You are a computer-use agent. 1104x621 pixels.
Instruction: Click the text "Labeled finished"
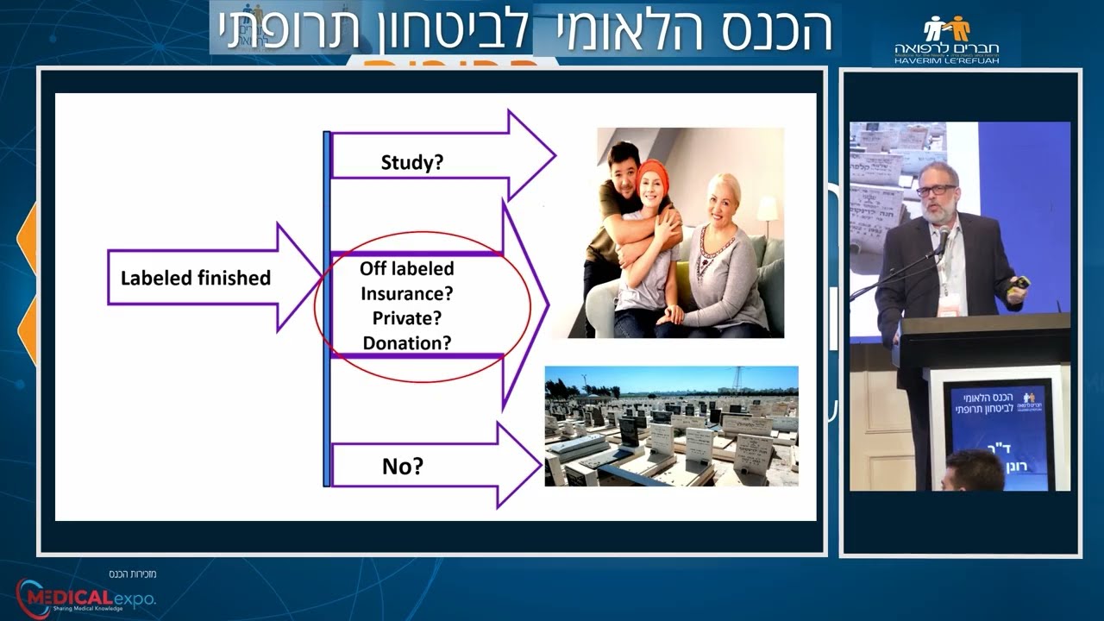click(195, 278)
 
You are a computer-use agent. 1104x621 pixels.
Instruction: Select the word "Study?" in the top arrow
click(411, 161)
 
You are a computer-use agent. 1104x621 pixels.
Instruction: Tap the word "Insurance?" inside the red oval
click(407, 293)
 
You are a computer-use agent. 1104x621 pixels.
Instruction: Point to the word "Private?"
click(407, 317)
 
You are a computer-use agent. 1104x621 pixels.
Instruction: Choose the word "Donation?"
click(407, 342)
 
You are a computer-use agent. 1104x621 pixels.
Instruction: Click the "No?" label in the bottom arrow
click(402, 467)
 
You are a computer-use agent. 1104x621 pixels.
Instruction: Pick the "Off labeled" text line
click(407, 268)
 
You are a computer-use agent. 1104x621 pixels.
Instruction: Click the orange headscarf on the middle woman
click(653, 172)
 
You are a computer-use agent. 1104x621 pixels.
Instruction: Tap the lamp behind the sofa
click(767, 208)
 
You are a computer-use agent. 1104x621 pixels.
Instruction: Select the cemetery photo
click(671, 426)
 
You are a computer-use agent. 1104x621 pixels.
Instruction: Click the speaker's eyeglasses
click(937, 190)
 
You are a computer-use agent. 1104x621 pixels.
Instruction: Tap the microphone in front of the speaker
click(944, 236)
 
